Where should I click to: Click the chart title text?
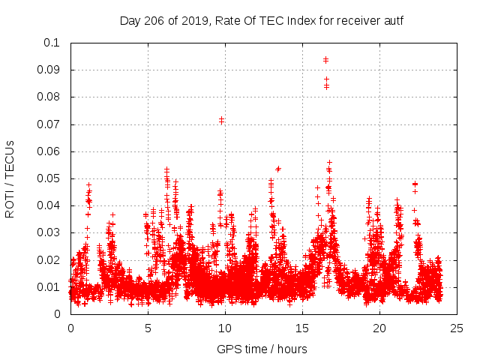point(261,20)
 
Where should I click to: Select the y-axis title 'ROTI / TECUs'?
point(10,178)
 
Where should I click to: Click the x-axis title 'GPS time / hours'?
point(261,349)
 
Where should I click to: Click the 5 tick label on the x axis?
point(148,328)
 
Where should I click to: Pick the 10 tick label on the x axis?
point(225,328)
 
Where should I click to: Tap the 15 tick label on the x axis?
point(302,328)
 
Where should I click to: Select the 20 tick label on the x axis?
point(379,328)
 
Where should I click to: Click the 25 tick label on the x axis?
point(457,328)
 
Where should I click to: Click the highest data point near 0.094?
point(325,59)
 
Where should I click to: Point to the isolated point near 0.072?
point(221,119)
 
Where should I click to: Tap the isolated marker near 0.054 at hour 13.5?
point(278,169)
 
